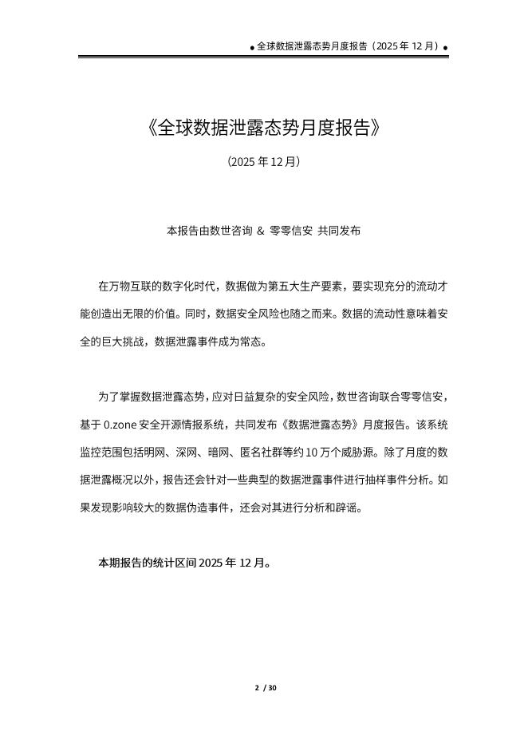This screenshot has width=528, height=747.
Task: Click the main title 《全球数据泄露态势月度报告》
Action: pos(264,128)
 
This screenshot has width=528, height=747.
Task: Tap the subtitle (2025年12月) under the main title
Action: pos(264,162)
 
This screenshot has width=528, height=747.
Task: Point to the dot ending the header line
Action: pos(445,48)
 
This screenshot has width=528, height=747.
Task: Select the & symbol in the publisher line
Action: pos(260,231)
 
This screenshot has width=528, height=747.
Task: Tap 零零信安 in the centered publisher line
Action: pos(291,231)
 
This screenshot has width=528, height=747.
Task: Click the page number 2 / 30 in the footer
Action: pos(265,688)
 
